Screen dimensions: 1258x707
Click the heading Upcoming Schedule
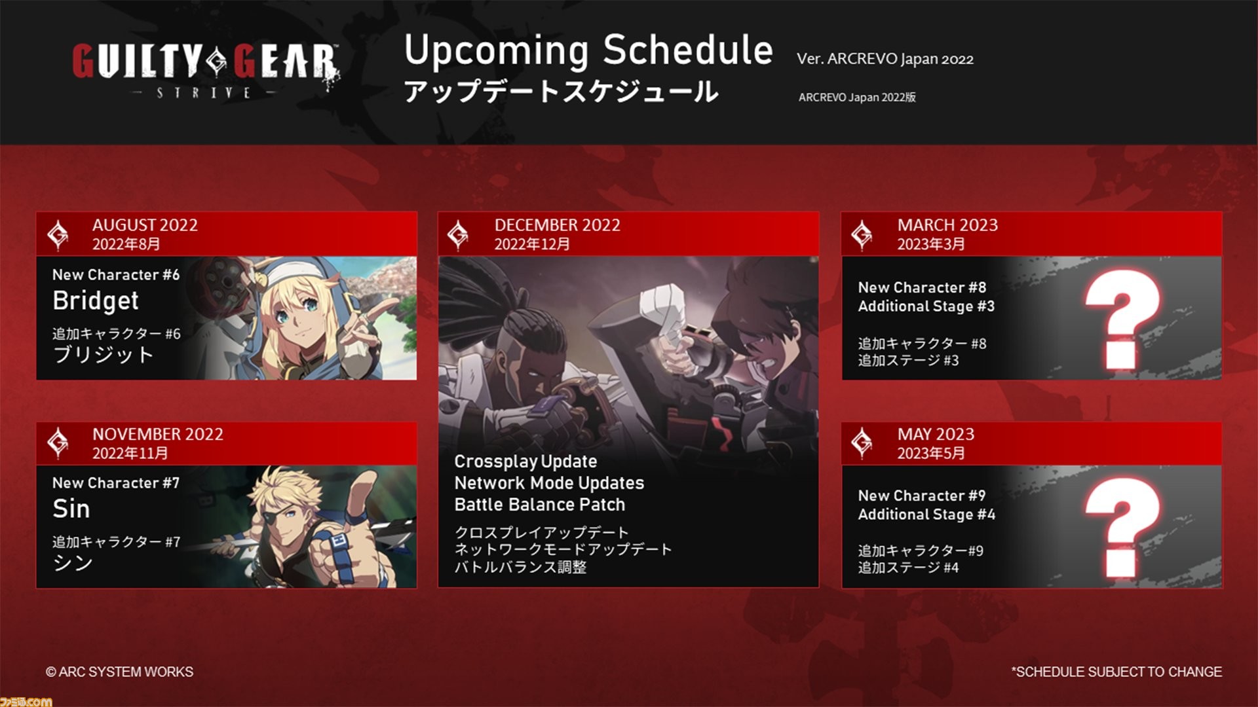(588, 50)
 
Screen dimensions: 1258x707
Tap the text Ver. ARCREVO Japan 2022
(885, 59)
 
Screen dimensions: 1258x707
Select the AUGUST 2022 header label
(145, 225)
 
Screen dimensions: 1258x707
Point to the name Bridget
(96, 300)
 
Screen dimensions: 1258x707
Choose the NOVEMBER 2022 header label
(157, 434)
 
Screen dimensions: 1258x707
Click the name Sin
(71, 509)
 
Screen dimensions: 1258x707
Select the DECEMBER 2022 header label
(557, 225)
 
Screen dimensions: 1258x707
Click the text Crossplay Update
(525, 462)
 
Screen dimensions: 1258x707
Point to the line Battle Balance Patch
(540, 505)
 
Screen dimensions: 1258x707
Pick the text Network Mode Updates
(549, 483)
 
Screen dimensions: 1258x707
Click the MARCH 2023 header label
(947, 225)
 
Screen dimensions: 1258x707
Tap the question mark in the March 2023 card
(1122, 319)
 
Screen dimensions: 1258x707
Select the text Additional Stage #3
(926, 306)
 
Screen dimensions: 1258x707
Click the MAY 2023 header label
(936, 434)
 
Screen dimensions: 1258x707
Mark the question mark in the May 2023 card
(1122, 528)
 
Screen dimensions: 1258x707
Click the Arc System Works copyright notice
(119, 672)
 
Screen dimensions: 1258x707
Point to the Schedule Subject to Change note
(1116, 672)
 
